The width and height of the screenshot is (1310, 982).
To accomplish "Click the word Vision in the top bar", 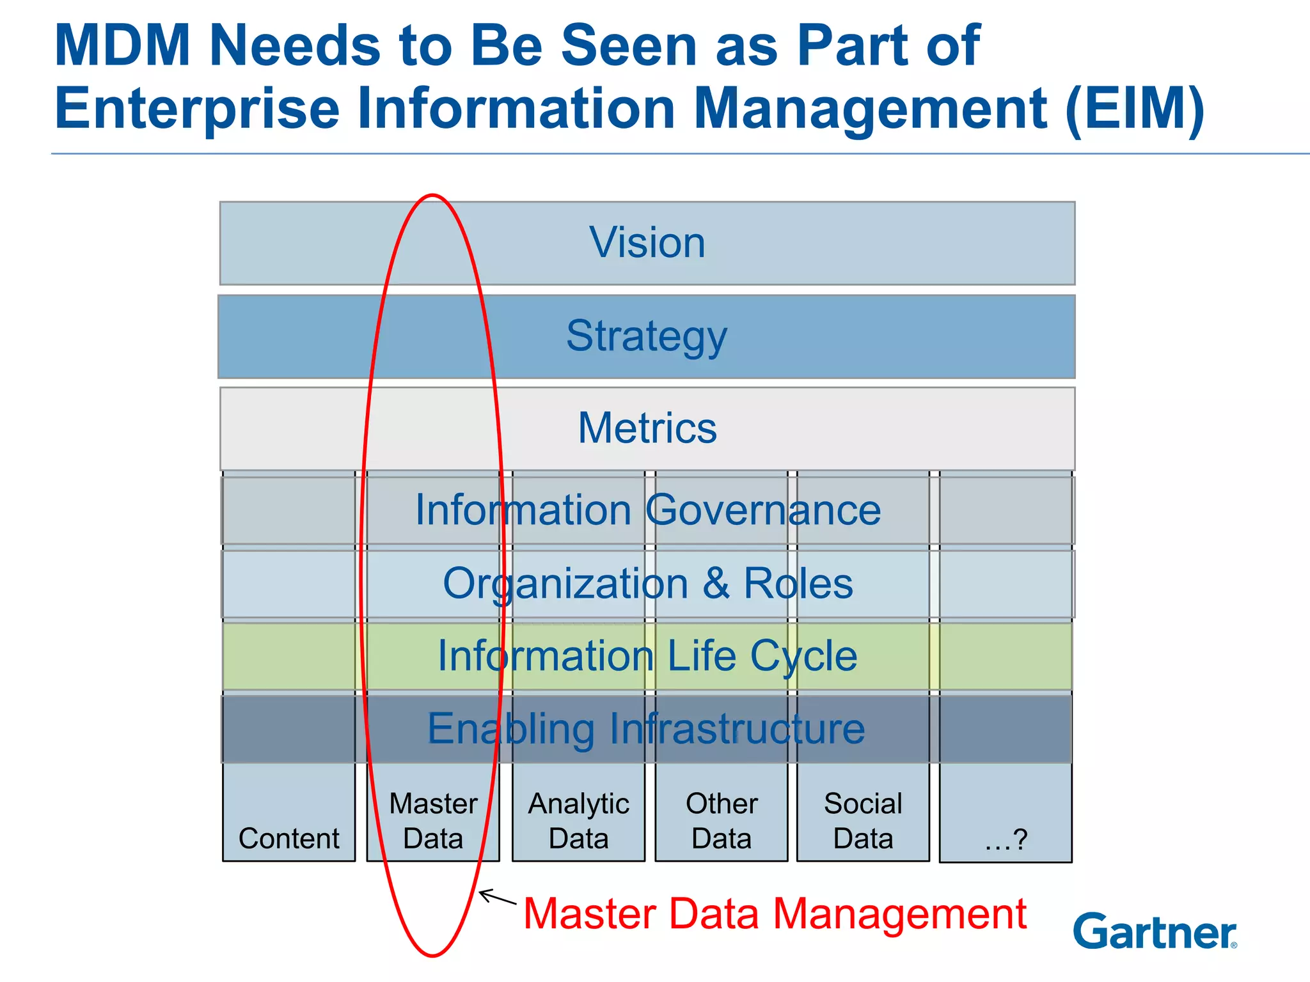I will tap(647, 243).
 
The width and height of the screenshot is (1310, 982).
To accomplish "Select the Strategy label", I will tap(647, 336).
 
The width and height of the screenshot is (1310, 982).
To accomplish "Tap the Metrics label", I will tap(647, 428).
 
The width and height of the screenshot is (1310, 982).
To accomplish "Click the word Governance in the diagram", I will tap(762, 510).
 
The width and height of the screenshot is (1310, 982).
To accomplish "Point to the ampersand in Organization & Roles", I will tap(716, 583).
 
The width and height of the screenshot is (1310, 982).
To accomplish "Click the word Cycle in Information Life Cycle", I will tap(803, 657).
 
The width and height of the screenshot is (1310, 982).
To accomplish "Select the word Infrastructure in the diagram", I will tap(737, 729).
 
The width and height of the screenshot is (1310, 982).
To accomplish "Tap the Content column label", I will tap(289, 838).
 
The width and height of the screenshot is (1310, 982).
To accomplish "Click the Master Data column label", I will tap(433, 821).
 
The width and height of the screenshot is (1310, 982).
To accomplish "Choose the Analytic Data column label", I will tap(578, 821).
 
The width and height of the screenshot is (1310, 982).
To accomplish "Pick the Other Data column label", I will tap(722, 821).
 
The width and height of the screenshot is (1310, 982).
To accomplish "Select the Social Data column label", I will tap(863, 821).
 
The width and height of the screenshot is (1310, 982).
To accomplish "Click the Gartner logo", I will tap(1155, 932).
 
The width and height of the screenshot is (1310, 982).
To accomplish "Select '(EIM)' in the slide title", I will tap(1135, 108).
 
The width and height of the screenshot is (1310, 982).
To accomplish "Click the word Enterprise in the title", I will tap(197, 108).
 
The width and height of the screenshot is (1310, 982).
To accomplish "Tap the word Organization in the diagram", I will tap(565, 584).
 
